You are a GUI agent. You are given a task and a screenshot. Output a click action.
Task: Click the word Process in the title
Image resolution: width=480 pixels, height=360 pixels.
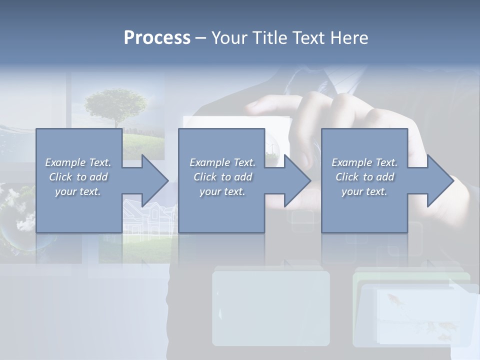click(x=157, y=38)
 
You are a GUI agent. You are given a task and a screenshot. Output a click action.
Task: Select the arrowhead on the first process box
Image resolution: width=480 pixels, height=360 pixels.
click(x=154, y=181)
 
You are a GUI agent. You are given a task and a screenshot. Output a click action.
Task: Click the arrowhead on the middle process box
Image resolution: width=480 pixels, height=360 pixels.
click(x=297, y=181)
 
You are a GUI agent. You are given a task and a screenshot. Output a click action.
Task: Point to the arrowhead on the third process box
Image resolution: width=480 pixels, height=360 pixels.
click(x=439, y=181)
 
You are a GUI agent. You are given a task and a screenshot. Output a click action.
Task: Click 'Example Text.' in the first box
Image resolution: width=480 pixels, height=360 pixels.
click(x=78, y=162)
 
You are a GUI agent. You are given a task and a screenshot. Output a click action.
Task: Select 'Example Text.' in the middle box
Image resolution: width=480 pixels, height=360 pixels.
click(x=222, y=162)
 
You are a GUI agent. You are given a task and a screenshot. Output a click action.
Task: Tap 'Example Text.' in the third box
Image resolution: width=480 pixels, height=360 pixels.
click(x=364, y=162)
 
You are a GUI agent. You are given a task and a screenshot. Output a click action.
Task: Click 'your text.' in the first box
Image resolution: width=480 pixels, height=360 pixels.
click(x=78, y=191)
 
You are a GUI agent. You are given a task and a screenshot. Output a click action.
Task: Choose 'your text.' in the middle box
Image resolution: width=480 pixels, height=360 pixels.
click(x=222, y=191)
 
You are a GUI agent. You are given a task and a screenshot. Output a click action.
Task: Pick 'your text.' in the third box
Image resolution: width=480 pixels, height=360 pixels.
click(x=364, y=191)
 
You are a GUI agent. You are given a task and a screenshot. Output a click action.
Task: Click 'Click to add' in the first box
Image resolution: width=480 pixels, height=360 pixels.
click(x=78, y=177)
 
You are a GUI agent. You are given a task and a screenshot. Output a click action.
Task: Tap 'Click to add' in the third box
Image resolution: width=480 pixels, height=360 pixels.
click(x=364, y=177)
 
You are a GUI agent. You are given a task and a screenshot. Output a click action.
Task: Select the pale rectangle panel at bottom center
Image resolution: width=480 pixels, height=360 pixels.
click(x=271, y=307)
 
